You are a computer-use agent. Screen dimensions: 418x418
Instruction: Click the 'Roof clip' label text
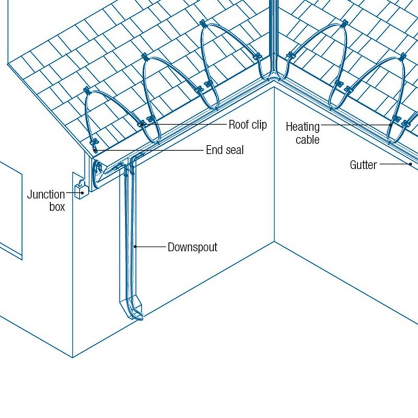[248, 125]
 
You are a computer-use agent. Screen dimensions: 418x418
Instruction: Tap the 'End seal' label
[225, 150]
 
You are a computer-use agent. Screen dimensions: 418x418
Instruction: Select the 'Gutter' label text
[363, 165]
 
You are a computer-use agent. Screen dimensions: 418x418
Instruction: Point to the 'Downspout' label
[192, 247]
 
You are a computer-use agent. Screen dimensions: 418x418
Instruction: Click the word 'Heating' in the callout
[303, 127]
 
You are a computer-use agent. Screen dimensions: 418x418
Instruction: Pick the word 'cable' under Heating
[307, 140]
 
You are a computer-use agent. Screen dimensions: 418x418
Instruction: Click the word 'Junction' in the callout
[46, 195]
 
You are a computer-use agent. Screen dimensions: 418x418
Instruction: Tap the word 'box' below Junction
[57, 207]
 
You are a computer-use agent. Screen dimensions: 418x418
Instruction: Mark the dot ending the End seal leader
[95, 150]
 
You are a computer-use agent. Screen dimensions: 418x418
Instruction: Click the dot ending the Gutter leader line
[411, 164]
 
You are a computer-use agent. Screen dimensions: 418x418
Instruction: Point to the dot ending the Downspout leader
[134, 247]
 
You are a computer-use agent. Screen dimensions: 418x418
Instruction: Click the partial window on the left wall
[10, 209]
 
